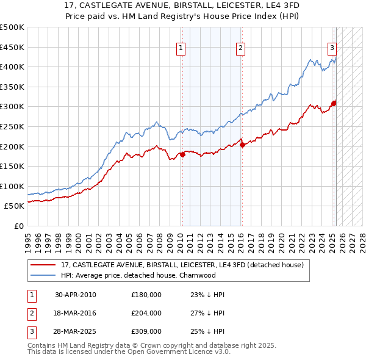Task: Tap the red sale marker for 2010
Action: [182, 154]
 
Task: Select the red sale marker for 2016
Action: [242, 145]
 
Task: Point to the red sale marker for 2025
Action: [334, 103]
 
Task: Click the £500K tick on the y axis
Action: [12, 27]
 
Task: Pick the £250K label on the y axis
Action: [12, 126]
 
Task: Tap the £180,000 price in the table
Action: [146, 295]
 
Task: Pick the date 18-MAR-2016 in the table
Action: [76, 313]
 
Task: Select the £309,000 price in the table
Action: [146, 331]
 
